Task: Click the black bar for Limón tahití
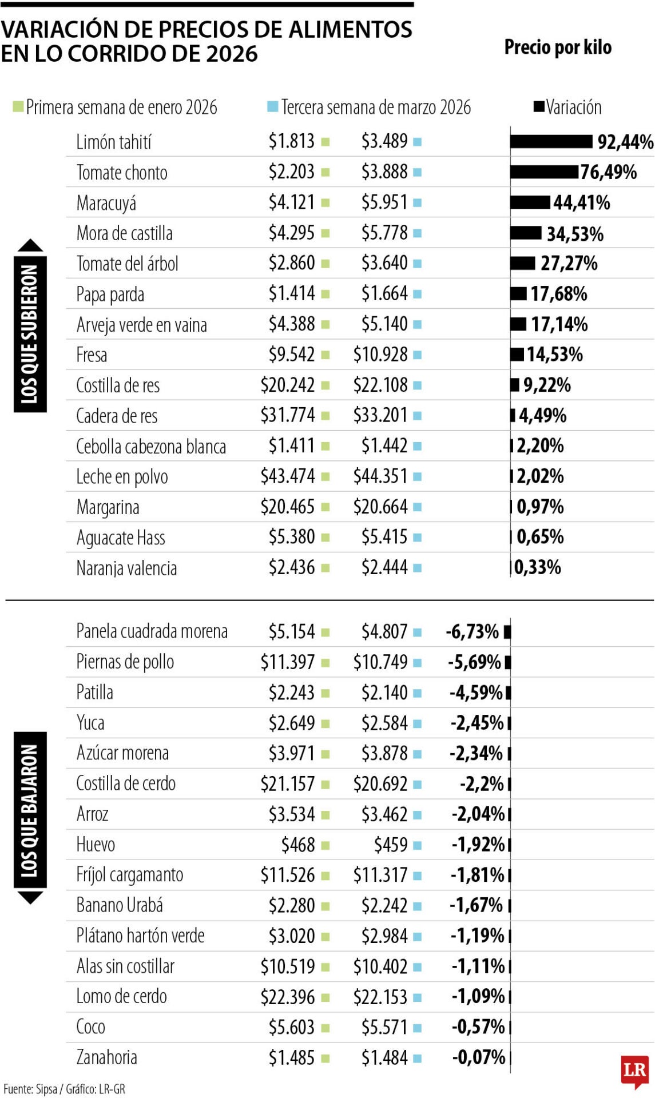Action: pyautogui.click(x=551, y=141)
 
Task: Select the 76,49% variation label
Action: pyautogui.click(x=608, y=172)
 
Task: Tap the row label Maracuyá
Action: pyautogui.click(x=106, y=203)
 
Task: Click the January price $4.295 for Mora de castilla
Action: pyautogui.click(x=292, y=233)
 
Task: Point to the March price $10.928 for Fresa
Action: pyautogui.click(x=380, y=355)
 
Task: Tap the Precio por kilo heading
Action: pyautogui.click(x=557, y=47)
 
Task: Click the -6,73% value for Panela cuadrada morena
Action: pyautogui.click(x=472, y=632)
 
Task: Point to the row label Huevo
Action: pyautogui.click(x=96, y=845)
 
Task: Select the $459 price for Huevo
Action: pyautogui.click(x=391, y=845)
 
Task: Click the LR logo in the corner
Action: pyautogui.click(x=634, y=1071)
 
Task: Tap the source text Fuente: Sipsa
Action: pyautogui.click(x=30, y=1089)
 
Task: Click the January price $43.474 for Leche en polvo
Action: pyautogui.click(x=288, y=476)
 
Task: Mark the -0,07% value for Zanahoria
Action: pyautogui.click(x=478, y=1057)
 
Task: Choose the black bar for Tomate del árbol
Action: pyautogui.click(x=522, y=263)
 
